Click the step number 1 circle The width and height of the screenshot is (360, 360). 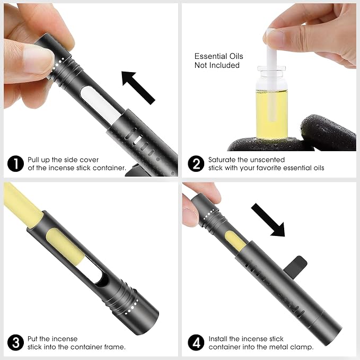point(15,164)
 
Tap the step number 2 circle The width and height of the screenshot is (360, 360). point(196,164)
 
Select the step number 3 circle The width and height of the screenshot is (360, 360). point(15,343)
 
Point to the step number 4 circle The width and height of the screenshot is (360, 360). point(196,343)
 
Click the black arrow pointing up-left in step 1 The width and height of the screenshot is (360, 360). point(138,87)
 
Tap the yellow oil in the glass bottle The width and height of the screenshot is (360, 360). point(271,114)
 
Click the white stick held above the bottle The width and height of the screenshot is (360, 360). point(271,76)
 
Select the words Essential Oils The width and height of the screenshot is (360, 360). point(218,56)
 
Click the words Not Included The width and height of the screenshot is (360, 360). point(217,65)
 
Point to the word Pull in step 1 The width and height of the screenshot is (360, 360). point(33,160)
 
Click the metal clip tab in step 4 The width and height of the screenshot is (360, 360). point(296,265)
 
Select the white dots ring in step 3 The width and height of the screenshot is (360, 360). point(133,307)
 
